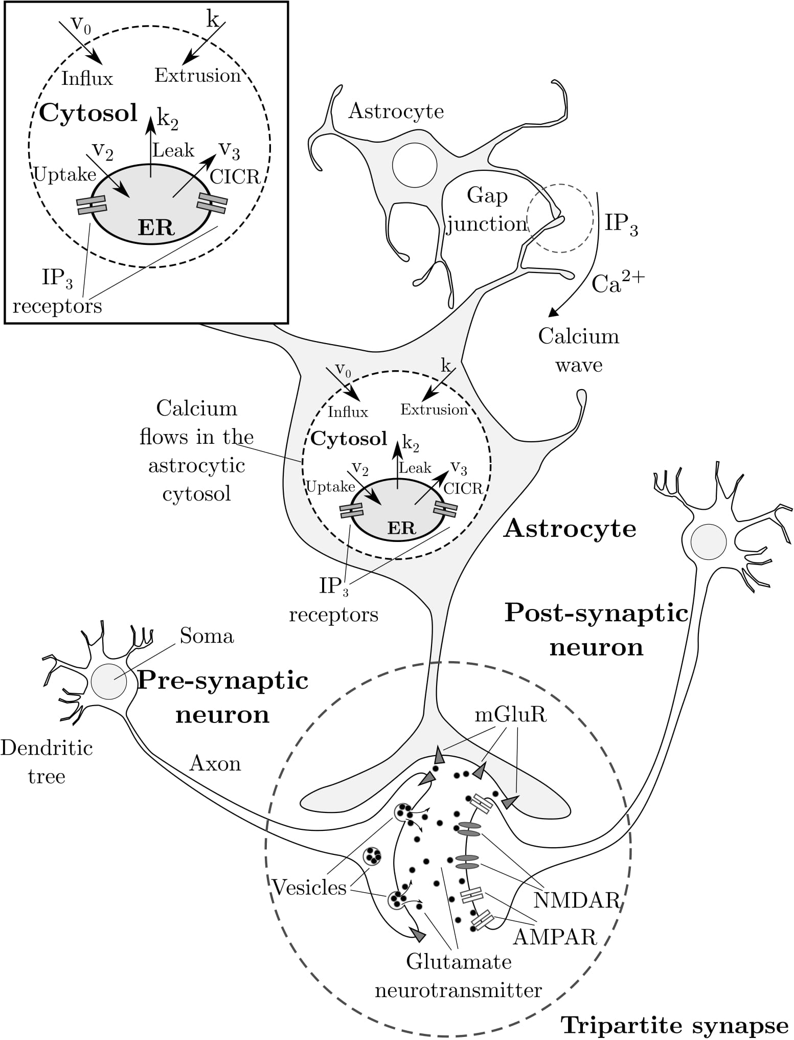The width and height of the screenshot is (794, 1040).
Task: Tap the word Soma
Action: point(207,636)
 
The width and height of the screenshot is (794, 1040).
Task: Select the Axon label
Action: point(215,763)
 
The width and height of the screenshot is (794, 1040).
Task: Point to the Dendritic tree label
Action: point(47,762)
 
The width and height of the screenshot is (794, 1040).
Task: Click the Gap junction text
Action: point(487,210)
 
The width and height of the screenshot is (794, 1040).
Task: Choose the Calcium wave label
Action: point(579,350)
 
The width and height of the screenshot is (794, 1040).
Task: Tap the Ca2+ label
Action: point(618,283)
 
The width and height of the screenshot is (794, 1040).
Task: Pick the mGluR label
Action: point(510,715)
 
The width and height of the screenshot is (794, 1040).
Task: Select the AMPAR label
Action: point(555,937)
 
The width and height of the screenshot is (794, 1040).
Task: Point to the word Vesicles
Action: point(309,888)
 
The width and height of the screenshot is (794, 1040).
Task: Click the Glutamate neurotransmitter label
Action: point(459,976)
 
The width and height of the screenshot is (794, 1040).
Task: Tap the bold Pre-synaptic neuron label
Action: point(223,697)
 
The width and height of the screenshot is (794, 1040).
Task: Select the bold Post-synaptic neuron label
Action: point(596,630)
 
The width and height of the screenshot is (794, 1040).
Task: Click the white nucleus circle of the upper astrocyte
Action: point(415,165)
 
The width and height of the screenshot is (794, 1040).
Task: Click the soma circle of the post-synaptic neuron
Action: point(708,542)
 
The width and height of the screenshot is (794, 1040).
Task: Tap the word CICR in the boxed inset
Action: point(235,177)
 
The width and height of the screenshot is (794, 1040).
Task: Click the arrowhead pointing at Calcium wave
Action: point(552,312)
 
